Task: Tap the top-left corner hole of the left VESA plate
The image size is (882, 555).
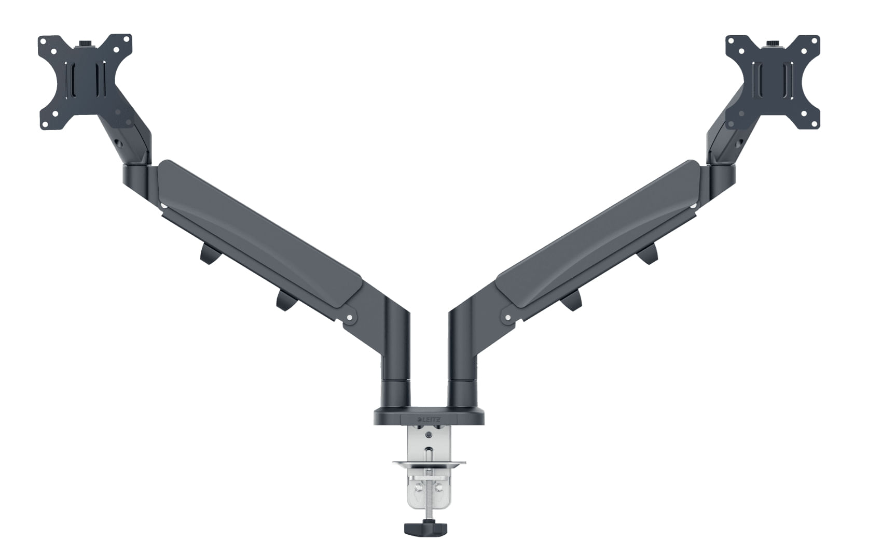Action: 45,41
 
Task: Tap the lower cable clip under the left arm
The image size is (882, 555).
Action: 284,301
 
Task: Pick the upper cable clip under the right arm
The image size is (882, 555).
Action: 649,253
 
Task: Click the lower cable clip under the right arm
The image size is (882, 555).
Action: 571,300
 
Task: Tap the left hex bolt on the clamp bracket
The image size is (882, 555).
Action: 415,487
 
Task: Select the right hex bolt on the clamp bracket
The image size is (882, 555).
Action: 439,487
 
